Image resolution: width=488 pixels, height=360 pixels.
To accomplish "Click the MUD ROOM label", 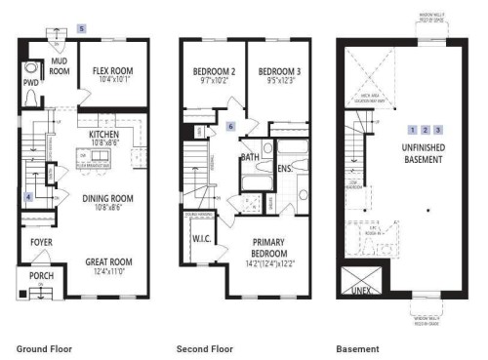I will [61, 64].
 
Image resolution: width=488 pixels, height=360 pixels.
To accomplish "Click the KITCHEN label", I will [104, 136].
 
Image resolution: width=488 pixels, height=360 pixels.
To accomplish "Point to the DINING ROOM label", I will [107, 201].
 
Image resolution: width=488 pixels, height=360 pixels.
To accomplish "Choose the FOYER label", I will [39, 239].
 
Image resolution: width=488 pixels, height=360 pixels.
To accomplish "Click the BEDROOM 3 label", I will [276, 72].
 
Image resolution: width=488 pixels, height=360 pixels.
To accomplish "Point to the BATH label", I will [250, 157].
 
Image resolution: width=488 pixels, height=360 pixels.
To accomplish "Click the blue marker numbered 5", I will [83, 29].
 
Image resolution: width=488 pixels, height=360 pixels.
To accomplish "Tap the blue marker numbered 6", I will [231, 128].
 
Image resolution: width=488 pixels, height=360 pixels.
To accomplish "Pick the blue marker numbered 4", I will [28, 197].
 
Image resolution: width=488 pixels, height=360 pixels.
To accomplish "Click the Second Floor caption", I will [203, 348].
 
